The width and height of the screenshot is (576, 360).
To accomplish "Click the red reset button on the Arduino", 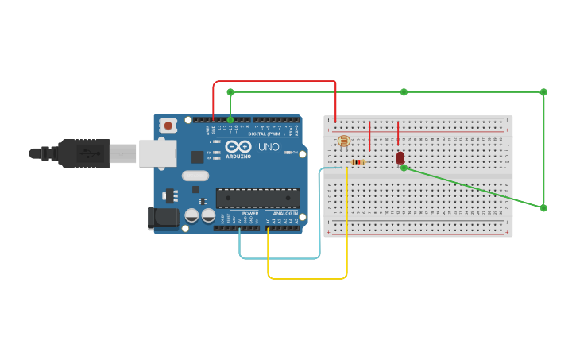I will pos(168,125).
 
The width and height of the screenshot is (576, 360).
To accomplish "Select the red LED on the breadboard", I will pos(400,157).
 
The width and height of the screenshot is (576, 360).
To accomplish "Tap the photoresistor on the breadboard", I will pos(343,141).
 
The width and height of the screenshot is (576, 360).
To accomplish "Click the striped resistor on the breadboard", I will pos(358,162).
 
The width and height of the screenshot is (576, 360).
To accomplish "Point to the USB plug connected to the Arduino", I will pos(87,153).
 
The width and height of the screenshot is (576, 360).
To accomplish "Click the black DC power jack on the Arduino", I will pos(163,218).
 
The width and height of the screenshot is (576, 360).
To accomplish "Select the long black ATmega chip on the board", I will pos(257,198).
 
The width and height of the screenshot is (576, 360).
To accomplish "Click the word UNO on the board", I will pos(275,146).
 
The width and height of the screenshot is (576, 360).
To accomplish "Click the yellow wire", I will pos(307,278).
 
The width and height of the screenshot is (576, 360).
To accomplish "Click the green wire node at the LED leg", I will pos(404,168).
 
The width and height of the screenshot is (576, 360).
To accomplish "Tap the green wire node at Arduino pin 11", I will pos(230,120).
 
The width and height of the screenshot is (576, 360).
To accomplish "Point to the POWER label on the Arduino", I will pos(249,214).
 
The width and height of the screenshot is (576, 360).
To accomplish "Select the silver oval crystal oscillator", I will pos(195,176).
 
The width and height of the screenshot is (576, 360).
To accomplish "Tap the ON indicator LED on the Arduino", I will pos(295,152).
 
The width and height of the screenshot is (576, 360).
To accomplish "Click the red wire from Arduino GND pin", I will pos(274,81).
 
